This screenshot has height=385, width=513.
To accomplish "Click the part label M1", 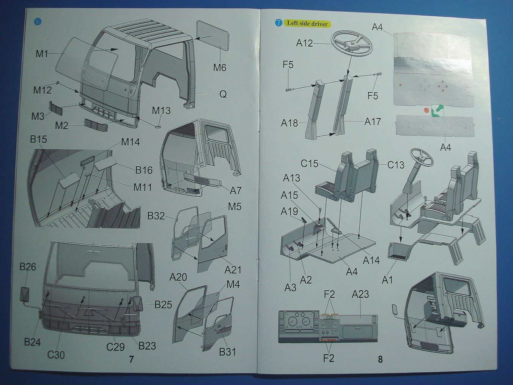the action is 42,54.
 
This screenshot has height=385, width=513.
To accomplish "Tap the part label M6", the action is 219,68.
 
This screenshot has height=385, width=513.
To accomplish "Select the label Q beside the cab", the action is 223,94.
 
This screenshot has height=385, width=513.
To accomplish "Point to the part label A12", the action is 304,43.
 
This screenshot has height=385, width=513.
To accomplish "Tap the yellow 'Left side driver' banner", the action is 307,23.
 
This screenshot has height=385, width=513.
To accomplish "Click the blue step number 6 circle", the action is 37,21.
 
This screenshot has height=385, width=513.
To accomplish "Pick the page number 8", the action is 380,359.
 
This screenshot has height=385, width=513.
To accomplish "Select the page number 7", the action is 131,359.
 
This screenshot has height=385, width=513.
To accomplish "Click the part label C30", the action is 56,355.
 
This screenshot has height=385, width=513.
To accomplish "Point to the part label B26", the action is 28,267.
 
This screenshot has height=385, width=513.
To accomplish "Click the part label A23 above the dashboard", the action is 360,294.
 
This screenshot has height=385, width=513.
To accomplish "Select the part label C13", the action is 395,165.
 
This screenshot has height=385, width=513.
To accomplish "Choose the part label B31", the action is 227,352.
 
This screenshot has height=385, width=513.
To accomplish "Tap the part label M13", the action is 161,110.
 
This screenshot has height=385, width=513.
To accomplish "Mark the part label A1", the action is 387,280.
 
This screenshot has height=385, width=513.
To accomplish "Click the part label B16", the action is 144,170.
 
